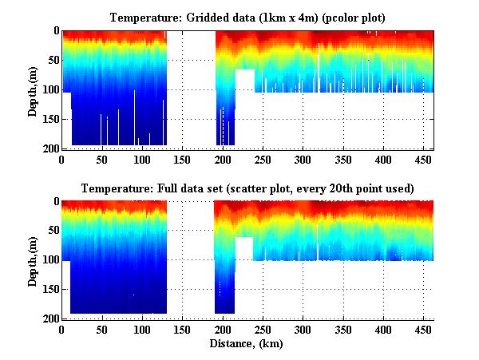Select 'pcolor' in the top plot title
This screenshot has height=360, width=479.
[x=334, y=18]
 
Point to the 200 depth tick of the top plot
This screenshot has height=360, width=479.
[x=50, y=148]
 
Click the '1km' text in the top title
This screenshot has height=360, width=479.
[x=271, y=18]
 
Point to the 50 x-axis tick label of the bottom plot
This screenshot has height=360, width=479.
[x=101, y=329]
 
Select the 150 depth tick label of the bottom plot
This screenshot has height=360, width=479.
[x=50, y=289]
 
